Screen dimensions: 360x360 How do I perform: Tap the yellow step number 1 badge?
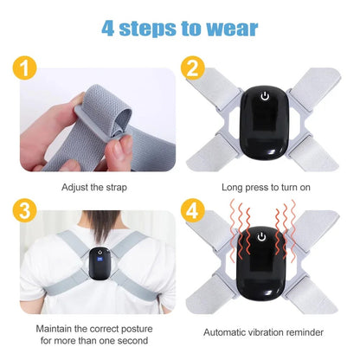27,67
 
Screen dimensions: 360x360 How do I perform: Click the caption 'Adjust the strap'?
97,186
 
